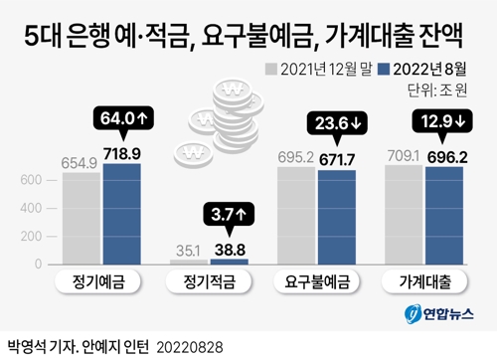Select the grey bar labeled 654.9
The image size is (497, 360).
point(81,217)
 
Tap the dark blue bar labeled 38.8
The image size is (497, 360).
point(230,261)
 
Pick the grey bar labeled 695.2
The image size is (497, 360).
point(295,214)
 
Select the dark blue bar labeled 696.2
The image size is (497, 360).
point(445,214)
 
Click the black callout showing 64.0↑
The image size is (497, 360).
point(123,119)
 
